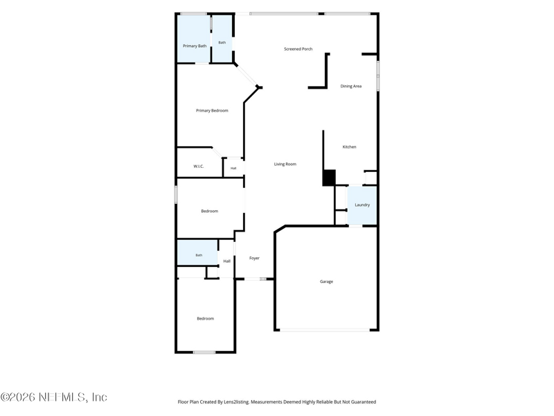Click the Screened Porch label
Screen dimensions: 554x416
[298, 49]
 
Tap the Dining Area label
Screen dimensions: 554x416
[351, 86]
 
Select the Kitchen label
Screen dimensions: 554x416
[350, 147]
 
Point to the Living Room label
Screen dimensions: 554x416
[285, 164]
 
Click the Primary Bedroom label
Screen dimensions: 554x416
[212, 111]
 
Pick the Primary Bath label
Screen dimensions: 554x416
[195, 46]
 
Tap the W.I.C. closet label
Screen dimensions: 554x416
[199, 166]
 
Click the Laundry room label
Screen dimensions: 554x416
[362, 205]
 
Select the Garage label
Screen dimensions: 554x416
[326, 281]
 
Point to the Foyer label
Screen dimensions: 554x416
[254, 258]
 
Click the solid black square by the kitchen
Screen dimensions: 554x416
[330, 177]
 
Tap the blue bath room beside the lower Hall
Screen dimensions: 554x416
[197, 252]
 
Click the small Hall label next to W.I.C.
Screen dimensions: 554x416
[233, 168]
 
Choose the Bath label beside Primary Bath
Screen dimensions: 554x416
[222, 42]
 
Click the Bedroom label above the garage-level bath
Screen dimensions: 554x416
[210, 211]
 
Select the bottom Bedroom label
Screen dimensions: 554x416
[205, 319]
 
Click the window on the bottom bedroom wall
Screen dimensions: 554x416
[204, 352]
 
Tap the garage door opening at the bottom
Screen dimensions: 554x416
[325, 330]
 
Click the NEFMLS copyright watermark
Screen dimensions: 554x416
[54, 397]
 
